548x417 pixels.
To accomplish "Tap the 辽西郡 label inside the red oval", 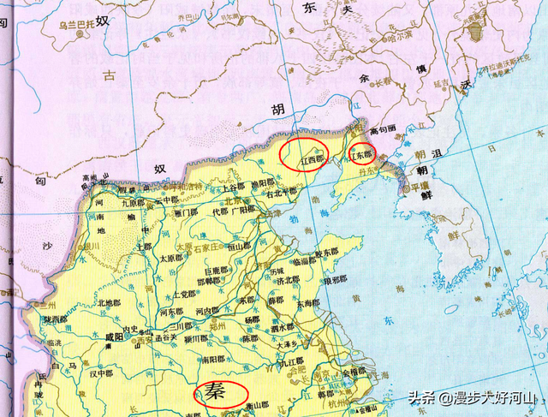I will tap(312, 159).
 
